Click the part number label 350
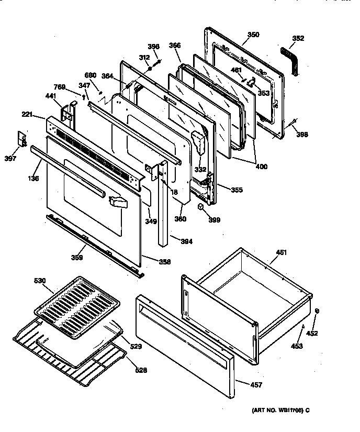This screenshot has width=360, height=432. coord(253,35)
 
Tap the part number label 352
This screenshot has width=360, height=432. coord(298,38)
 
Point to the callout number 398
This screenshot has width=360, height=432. coord(302,135)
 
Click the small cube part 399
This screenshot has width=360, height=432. coord(200,208)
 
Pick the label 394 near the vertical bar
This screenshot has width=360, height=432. coord(187,241)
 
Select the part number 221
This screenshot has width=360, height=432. coord(28,114)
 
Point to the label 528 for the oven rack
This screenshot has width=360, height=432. coord(141,370)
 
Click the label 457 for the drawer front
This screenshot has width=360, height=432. coord(256,385)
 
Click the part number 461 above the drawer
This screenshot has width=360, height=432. coord(282,253)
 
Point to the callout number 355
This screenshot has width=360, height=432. coord(237,190)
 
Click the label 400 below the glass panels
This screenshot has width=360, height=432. coord(261,167)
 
